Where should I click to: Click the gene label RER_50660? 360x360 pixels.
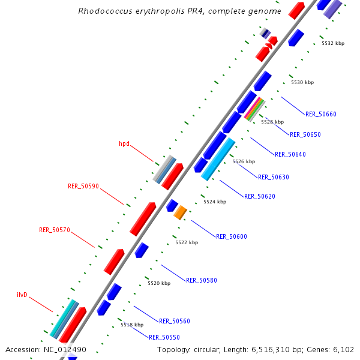click(321, 114)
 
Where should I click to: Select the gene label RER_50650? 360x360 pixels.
click(305, 134)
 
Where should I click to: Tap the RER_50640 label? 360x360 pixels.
click(290, 154)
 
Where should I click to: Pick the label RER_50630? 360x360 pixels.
click(274, 177)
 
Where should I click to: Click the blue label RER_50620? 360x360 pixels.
click(260, 196)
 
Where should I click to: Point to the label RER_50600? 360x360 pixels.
click(232, 236)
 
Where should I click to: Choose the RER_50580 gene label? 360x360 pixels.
click(202, 280)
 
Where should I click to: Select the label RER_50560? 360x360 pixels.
click(175, 321)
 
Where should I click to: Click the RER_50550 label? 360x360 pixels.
click(164, 337)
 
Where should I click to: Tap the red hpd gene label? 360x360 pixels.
click(124, 144)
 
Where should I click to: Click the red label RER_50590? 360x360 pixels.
click(83, 187)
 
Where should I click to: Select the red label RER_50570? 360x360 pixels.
click(55, 230)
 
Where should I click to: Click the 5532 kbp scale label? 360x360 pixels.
click(333, 43)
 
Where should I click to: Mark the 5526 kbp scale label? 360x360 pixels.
click(244, 161)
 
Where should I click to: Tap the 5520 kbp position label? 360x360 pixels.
click(159, 283)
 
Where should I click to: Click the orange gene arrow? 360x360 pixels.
click(181, 212)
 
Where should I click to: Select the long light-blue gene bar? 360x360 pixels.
click(218, 159)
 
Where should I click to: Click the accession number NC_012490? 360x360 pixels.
click(65, 350)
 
